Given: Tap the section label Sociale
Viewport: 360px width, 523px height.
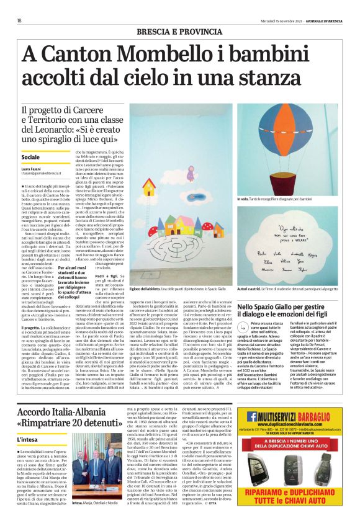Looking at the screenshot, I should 30,158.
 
